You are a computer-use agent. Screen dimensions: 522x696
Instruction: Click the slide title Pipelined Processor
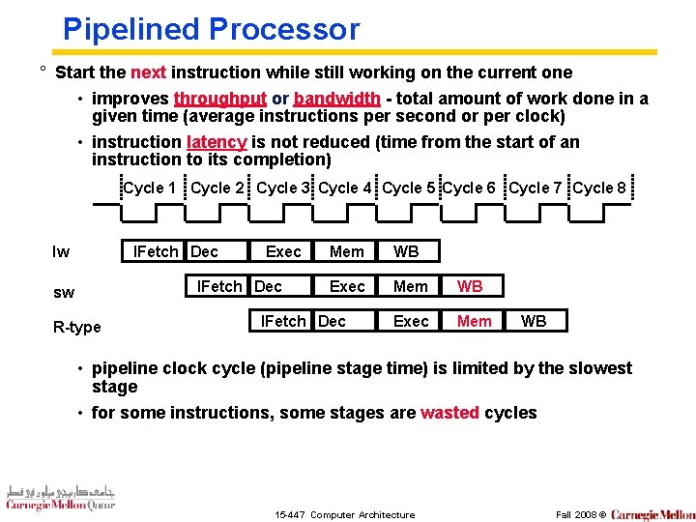click(211, 28)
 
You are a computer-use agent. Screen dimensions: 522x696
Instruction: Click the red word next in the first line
click(148, 72)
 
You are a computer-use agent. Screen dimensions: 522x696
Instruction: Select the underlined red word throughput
click(219, 99)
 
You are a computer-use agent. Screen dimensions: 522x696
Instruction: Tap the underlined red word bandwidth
click(336, 99)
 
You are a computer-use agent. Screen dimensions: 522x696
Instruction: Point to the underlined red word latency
click(217, 142)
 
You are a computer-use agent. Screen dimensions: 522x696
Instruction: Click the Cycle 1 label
click(150, 188)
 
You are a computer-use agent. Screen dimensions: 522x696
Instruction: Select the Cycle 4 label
click(345, 188)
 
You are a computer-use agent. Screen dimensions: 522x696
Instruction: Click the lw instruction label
click(60, 252)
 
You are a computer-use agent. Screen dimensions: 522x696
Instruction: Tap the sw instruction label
click(62, 292)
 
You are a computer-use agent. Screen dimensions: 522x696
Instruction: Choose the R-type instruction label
click(77, 327)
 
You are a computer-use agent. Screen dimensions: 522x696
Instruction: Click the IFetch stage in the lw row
click(156, 251)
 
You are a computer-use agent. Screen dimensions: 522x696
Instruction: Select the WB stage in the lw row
click(406, 251)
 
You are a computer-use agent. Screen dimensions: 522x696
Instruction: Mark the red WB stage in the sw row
click(470, 286)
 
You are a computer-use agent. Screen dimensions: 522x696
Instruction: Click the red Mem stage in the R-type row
click(474, 321)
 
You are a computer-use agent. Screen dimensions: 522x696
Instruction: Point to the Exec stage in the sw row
click(347, 286)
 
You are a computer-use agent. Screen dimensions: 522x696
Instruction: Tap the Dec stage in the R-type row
click(332, 321)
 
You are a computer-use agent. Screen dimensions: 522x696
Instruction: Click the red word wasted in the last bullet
click(449, 413)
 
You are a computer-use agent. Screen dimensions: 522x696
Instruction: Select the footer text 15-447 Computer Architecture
click(345, 514)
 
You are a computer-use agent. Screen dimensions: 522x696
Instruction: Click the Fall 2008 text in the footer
click(575, 514)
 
